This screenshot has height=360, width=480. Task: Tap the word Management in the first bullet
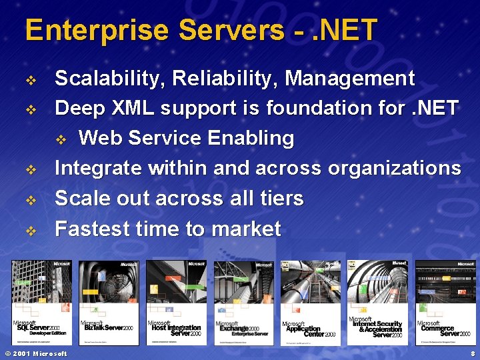[x=349, y=79]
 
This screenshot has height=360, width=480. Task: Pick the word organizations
[x=393, y=169]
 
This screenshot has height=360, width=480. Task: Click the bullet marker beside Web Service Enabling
[x=61, y=139]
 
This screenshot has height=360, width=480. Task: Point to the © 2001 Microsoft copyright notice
[x=36, y=353]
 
